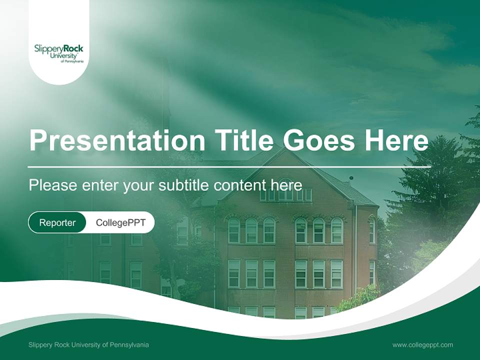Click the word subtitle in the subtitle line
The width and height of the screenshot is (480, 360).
(x=184, y=185)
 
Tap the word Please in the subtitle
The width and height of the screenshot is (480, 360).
(x=51, y=185)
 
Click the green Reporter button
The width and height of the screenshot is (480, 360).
(x=57, y=222)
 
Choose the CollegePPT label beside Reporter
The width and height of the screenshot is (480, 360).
(x=120, y=222)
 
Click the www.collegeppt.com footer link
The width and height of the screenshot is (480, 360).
(x=422, y=344)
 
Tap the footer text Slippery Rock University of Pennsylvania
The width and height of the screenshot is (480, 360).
(x=88, y=344)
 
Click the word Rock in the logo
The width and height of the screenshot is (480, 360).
(x=73, y=48)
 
